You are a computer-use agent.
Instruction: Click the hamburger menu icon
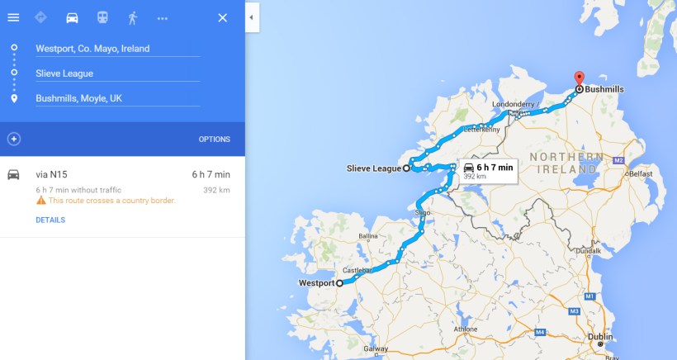click(x=13, y=17)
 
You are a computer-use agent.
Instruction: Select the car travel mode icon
click(x=72, y=17)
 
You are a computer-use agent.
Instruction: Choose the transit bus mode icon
click(x=102, y=17)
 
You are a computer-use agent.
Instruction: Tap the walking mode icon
click(x=132, y=17)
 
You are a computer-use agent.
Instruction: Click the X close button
click(x=222, y=17)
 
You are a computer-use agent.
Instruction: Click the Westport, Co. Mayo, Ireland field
click(x=116, y=49)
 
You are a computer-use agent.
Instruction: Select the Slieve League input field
click(x=116, y=73)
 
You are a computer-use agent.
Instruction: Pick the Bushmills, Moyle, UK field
click(x=116, y=98)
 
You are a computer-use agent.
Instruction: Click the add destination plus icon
click(x=13, y=139)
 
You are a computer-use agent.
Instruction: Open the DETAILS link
click(x=50, y=220)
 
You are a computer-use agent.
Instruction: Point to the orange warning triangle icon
click(x=40, y=201)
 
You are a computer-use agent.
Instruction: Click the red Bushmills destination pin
click(x=579, y=78)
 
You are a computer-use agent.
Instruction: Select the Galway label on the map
click(x=375, y=349)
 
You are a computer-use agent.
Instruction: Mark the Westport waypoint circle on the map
click(x=339, y=283)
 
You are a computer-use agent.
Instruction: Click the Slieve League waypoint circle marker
click(x=406, y=168)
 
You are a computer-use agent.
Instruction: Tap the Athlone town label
click(x=466, y=329)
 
